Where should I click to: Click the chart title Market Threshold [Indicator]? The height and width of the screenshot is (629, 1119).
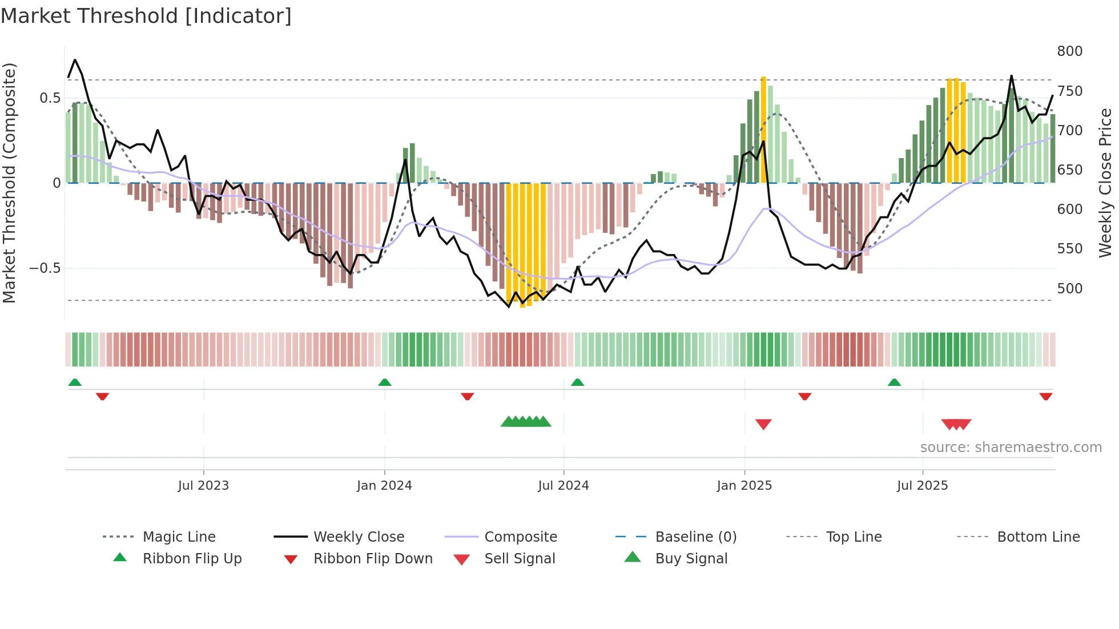[146, 16]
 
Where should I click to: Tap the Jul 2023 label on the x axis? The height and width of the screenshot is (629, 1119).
[203, 486]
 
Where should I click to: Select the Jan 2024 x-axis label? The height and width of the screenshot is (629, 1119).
[384, 486]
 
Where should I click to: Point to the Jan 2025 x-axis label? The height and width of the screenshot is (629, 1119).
[744, 486]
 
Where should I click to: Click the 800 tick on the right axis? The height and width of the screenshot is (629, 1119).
[1069, 51]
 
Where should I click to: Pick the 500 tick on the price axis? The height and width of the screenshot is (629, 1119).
[1069, 289]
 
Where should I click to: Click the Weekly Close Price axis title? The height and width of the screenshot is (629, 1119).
[1105, 183]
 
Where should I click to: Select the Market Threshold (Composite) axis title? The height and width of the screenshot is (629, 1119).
[9, 183]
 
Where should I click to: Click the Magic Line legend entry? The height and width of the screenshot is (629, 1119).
[179, 537]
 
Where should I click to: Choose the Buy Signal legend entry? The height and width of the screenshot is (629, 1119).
[691, 559]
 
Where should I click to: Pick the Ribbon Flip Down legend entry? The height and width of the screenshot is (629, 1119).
[373, 559]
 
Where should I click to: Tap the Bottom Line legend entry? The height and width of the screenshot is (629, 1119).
[1038, 537]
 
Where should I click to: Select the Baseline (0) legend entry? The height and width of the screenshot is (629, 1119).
[695, 537]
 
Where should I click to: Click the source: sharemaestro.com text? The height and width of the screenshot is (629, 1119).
[1011, 447]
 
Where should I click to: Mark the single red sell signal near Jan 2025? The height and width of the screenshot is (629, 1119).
[763, 424]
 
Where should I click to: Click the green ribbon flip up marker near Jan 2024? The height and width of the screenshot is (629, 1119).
[385, 382]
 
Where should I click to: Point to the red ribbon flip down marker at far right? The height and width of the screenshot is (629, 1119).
[1046, 396]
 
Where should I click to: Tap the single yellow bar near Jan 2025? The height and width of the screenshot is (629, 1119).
[763, 129]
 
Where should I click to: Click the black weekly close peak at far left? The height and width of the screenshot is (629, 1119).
[75, 60]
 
